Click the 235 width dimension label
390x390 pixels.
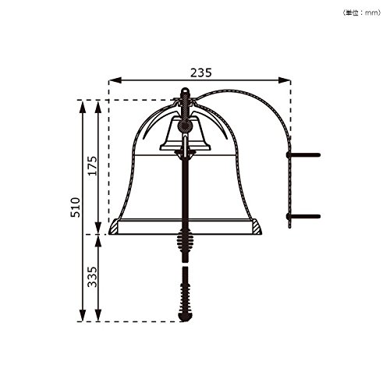click(x=201, y=73)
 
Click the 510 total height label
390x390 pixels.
click(x=76, y=207)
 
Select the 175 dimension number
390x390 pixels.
click(x=92, y=166)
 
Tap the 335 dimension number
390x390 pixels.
click(x=92, y=277)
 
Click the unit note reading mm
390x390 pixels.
click(x=362, y=12)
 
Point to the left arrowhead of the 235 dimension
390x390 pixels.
click(x=115, y=80)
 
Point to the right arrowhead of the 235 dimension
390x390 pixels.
click(x=284, y=80)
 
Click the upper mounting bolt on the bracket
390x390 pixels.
click(x=303, y=155)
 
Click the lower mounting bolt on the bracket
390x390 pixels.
click(x=303, y=216)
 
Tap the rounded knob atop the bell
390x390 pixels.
click(x=185, y=91)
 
